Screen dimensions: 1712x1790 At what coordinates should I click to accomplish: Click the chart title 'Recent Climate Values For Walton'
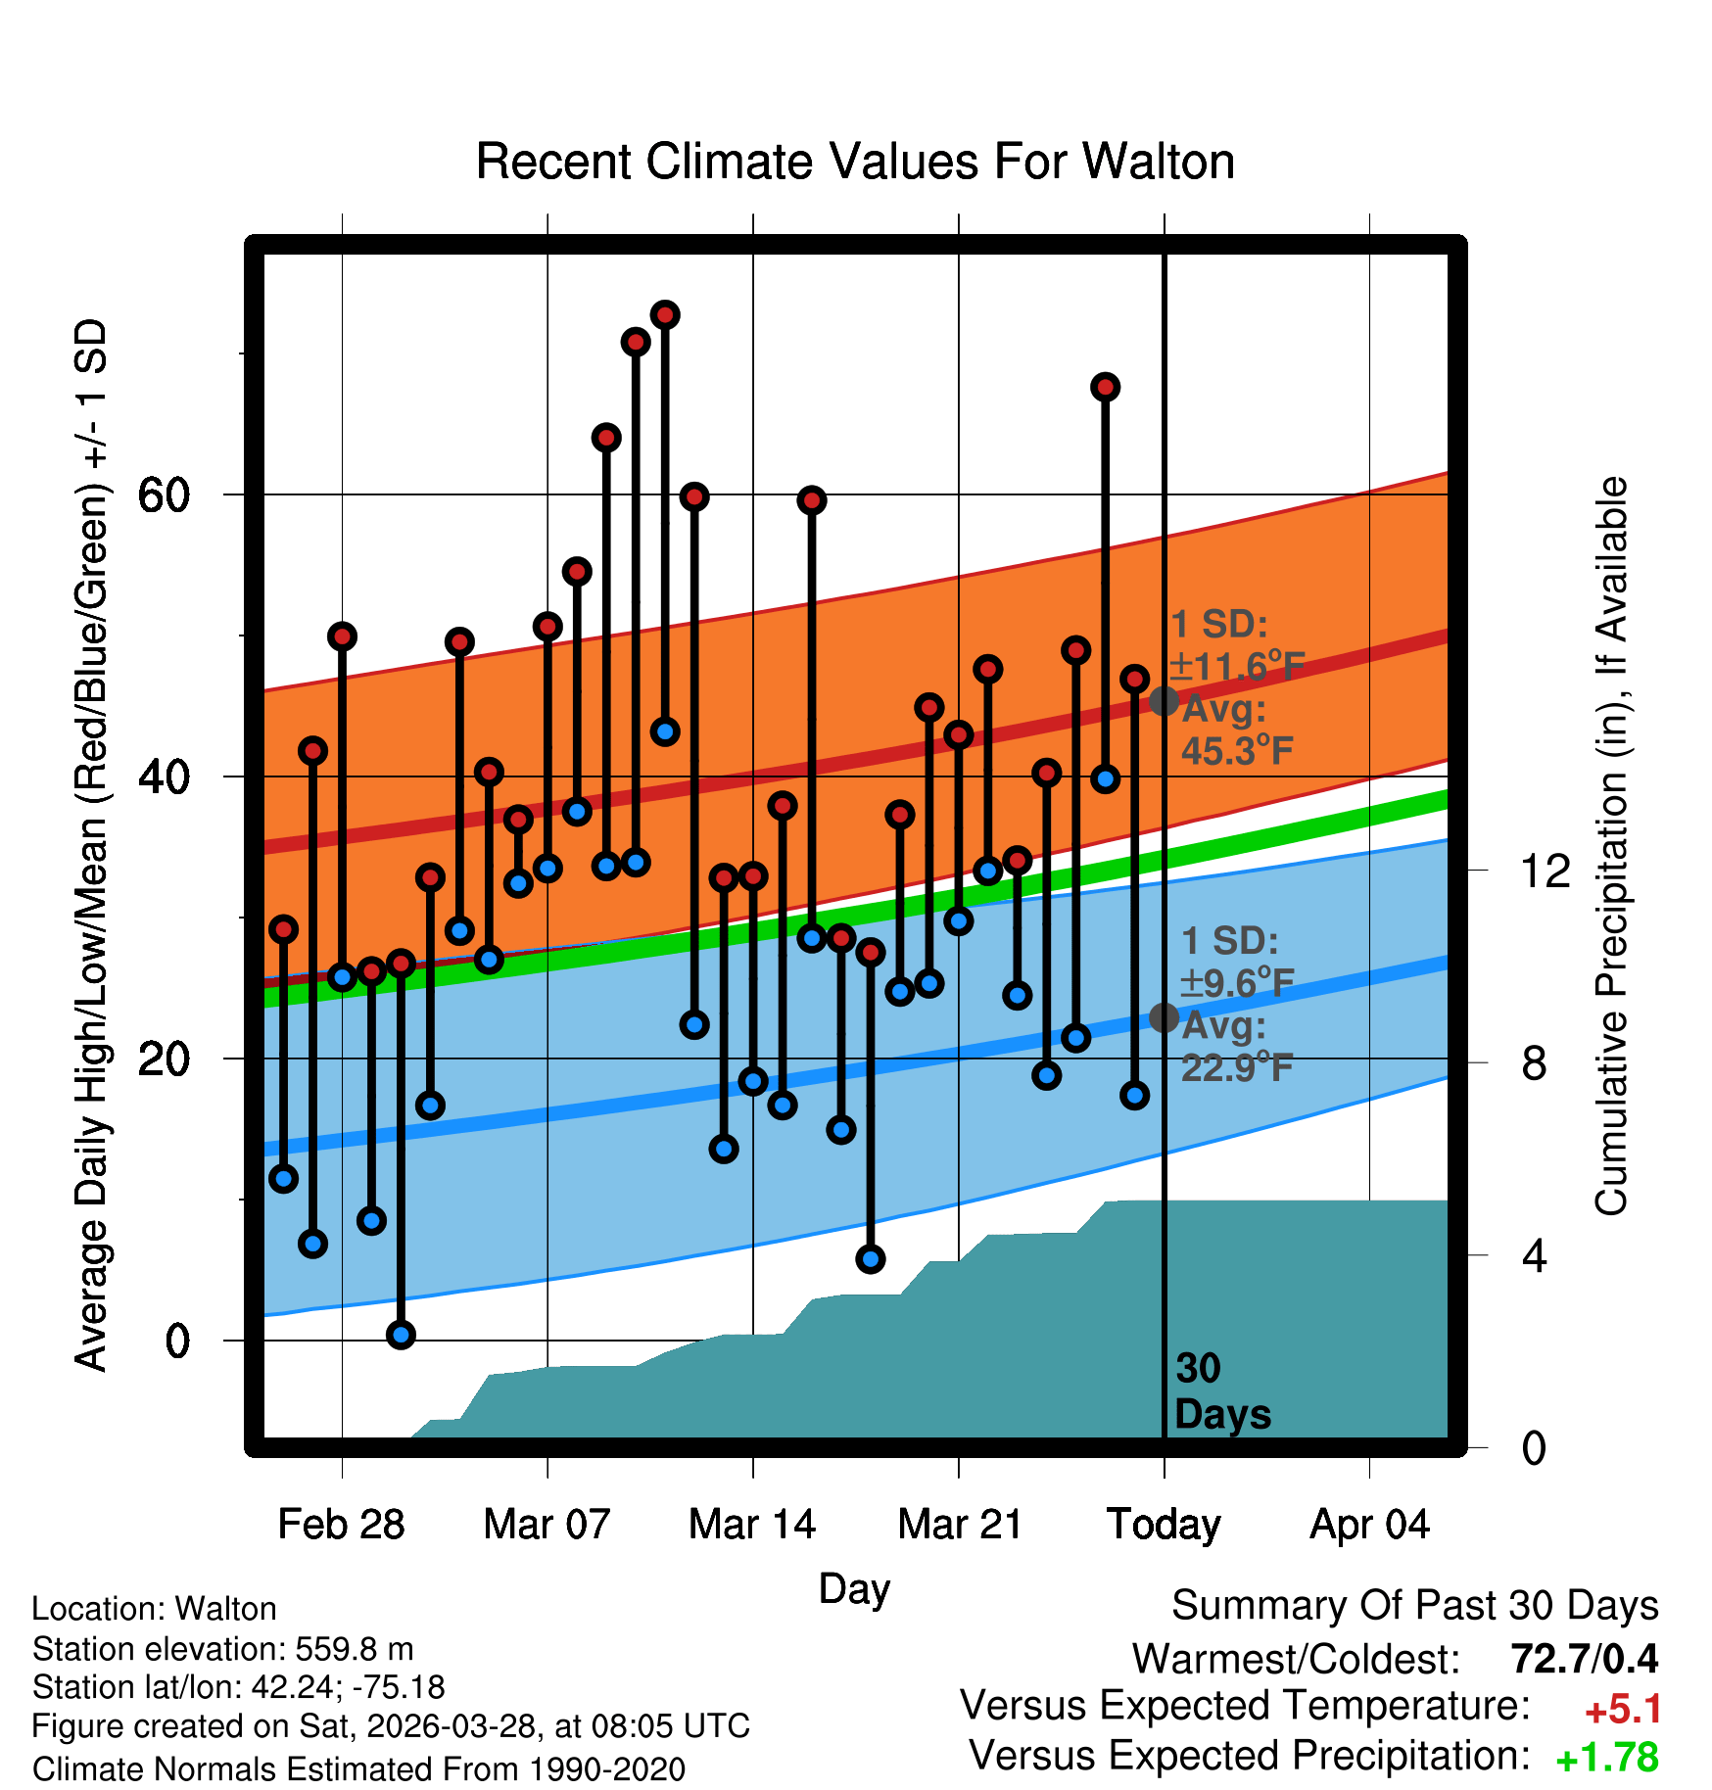(x=855, y=162)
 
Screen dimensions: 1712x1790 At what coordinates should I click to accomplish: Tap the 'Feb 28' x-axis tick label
(x=341, y=1525)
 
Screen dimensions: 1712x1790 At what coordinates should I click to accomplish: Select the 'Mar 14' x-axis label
(x=752, y=1525)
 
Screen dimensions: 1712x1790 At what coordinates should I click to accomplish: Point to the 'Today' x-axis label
(x=1164, y=1526)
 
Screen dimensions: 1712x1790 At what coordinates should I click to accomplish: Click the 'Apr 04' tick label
(x=1369, y=1526)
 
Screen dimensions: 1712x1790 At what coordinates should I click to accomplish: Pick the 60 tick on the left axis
(x=164, y=495)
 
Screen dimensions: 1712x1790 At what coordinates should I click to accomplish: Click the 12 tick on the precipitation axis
(x=1546, y=871)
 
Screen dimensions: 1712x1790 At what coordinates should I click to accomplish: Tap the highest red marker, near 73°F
(x=665, y=315)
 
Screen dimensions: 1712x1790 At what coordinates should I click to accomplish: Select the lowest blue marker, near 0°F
(x=401, y=1335)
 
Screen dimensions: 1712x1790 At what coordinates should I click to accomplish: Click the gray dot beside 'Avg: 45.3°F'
(x=1164, y=701)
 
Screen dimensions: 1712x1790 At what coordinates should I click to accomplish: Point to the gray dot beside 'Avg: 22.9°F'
(x=1164, y=1018)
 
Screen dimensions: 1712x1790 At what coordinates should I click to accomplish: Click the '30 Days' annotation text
(x=1222, y=1391)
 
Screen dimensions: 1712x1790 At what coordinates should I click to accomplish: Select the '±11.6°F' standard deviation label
(x=1237, y=666)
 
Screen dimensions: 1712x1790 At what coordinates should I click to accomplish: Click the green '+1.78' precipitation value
(x=1607, y=1758)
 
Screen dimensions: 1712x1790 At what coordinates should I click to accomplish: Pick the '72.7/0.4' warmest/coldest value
(x=1585, y=1659)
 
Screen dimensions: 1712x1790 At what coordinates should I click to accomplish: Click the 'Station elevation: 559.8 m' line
(x=223, y=1649)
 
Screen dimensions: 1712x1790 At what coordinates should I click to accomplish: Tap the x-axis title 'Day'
(x=854, y=1589)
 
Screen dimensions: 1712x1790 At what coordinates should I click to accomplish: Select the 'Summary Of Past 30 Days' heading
(x=1415, y=1606)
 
